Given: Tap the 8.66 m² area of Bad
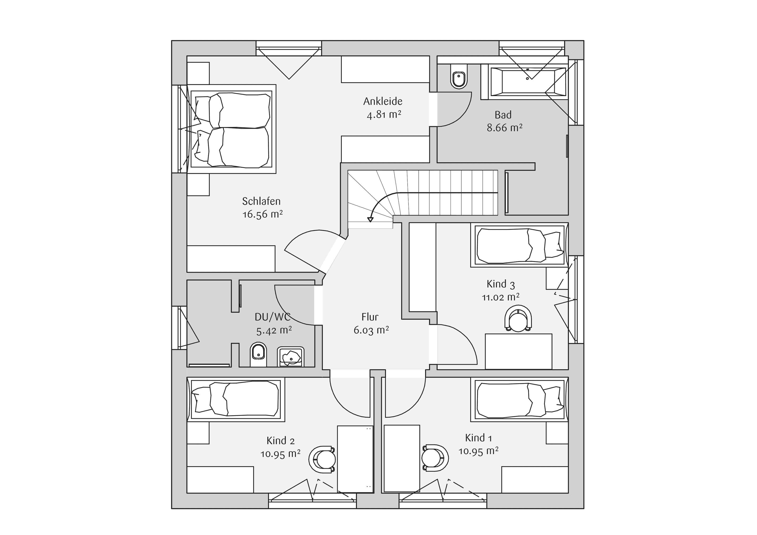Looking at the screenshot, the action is pyautogui.click(x=504, y=128).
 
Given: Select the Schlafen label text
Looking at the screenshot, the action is pyautogui.click(x=261, y=201).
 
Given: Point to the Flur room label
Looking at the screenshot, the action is pyautogui.click(x=370, y=317).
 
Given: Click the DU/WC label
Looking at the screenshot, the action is pyautogui.click(x=273, y=317).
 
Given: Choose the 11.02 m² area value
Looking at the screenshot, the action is pyautogui.click(x=501, y=297).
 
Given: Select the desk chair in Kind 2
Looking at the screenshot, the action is pyautogui.click(x=322, y=460).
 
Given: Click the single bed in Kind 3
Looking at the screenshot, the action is pyautogui.click(x=519, y=245).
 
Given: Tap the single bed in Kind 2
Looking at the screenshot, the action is pyautogui.click(x=236, y=399).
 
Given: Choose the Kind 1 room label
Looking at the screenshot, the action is pyautogui.click(x=478, y=438).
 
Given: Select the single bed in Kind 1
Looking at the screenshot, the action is pyautogui.click(x=519, y=399).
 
